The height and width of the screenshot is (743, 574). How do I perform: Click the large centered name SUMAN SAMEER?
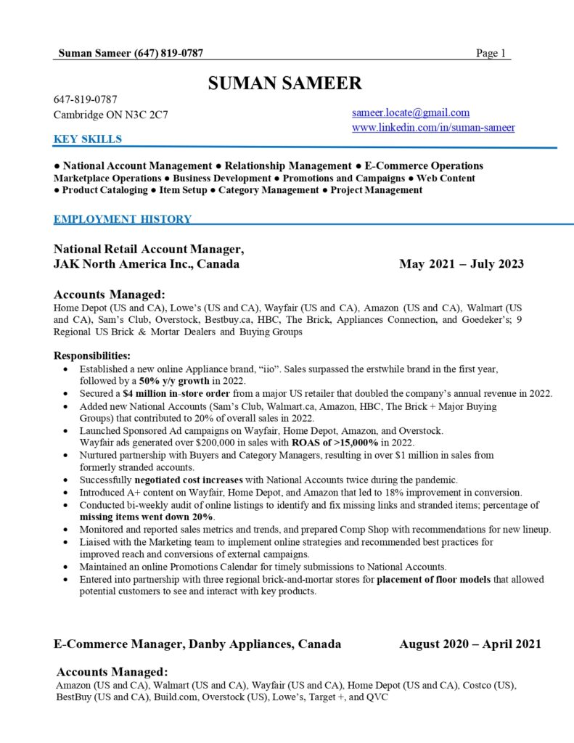pyautogui.click(x=284, y=83)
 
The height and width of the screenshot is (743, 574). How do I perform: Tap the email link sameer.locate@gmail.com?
pyautogui.click(x=411, y=112)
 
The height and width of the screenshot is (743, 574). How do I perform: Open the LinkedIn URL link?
pyautogui.click(x=433, y=128)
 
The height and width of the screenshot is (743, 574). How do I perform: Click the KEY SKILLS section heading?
pyautogui.click(x=88, y=139)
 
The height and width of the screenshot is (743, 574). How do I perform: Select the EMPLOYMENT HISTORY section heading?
pyautogui.click(x=123, y=219)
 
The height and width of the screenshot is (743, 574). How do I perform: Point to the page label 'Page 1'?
pyautogui.click(x=491, y=53)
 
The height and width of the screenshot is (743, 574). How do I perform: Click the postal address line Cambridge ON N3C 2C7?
pyautogui.click(x=111, y=115)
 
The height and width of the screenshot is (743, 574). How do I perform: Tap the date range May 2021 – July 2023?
pyautogui.click(x=461, y=264)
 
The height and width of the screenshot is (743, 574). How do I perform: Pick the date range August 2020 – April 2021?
pyautogui.click(x=470, y=644)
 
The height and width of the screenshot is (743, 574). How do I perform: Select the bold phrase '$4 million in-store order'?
pyautogui.click(x=173, y=393)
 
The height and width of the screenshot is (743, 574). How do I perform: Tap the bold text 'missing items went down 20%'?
pyautogui.click(x=147, y=517)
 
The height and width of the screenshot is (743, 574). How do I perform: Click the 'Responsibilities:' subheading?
pyautogui.click(x=92, y=356)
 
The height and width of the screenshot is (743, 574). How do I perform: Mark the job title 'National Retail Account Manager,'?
pyautogui.click(x=149, y=250)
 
